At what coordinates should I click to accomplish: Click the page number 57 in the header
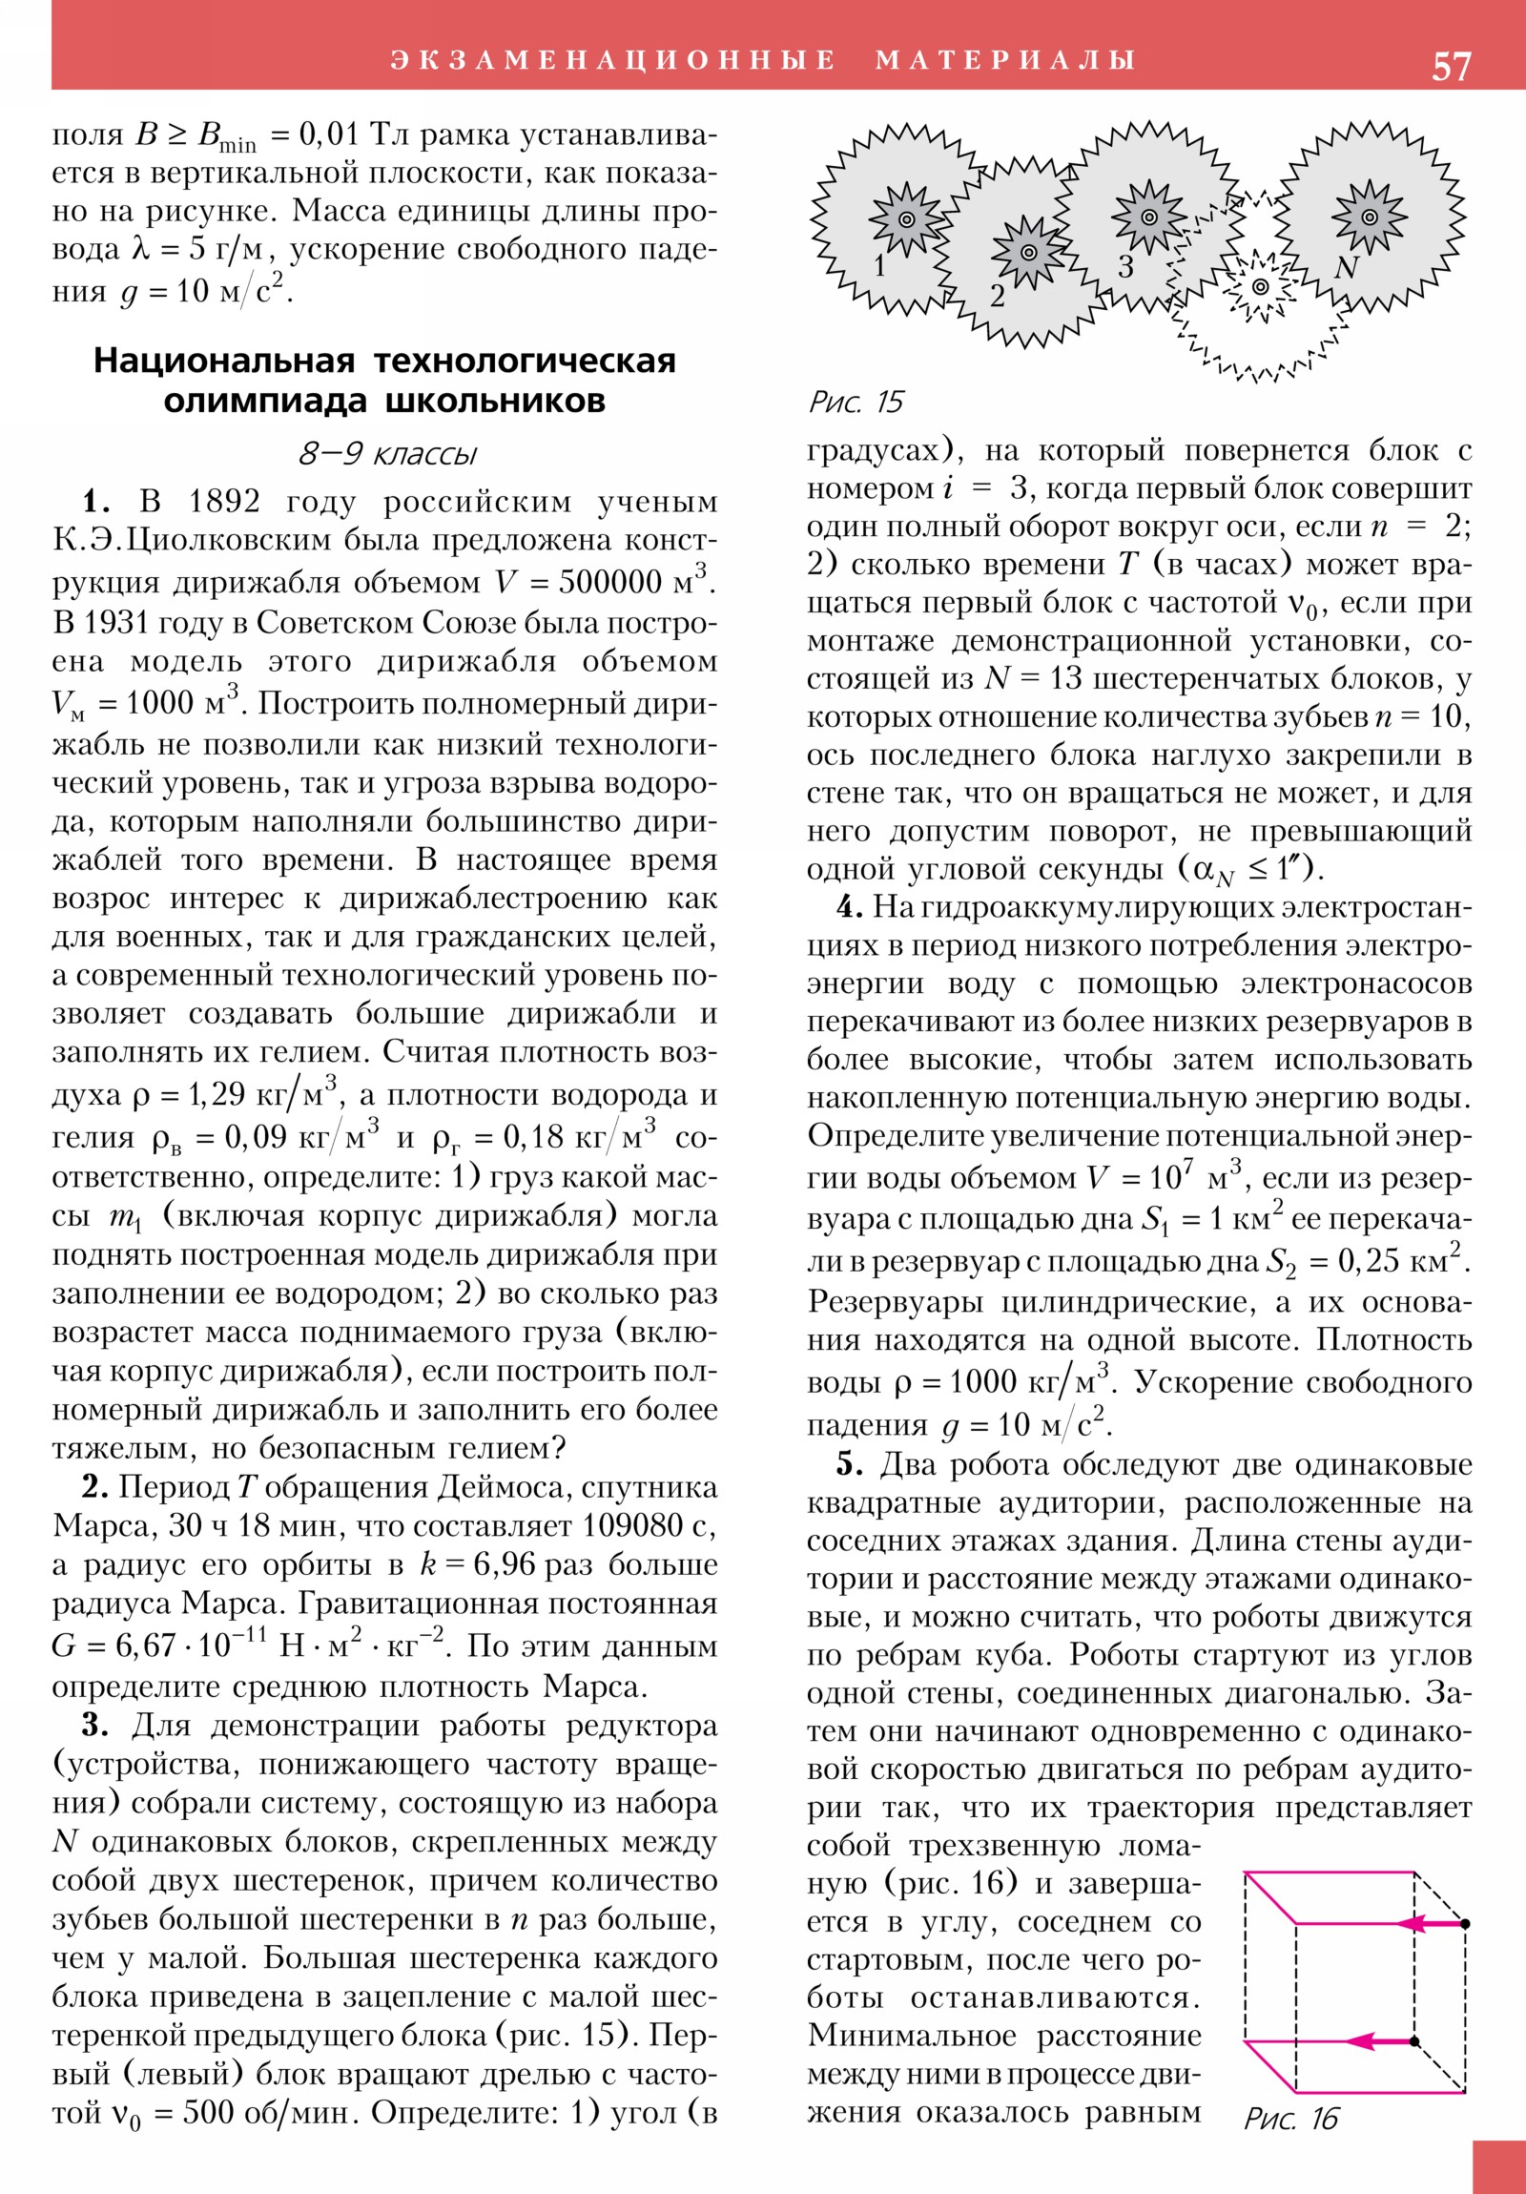tap(1451, 67)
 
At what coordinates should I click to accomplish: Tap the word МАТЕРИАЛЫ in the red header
tap(1005, 60)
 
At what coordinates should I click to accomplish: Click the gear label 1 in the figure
tap(881, 264)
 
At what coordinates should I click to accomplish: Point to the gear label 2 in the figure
tap(997, 297)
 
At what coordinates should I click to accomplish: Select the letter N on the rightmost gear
tap(1346, 267)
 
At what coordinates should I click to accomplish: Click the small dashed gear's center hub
tap(1260, 286)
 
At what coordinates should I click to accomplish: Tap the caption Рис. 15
tap(855, 402)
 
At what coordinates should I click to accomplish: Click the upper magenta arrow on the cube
tap(1427, 1923)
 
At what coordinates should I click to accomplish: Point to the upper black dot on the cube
tap(1465, 1923)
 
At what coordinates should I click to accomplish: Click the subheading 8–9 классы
tap(386, 453)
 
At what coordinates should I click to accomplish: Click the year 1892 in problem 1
tap(224, 501)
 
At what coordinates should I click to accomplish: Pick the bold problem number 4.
tap(850, 907)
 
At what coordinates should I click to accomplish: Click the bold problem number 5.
tap(850, 1465)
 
